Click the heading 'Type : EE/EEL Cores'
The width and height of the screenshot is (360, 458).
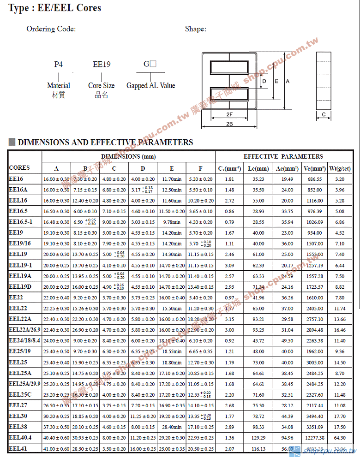point(55,8)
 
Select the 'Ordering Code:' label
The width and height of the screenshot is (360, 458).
point(51,29)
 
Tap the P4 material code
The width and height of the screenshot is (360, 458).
point(58,65)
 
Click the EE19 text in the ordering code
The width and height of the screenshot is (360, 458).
point(102,65)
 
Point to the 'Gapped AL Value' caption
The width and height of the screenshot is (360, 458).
point(151,85)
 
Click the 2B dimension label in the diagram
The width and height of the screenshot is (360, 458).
point(229,124)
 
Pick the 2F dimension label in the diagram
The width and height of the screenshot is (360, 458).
point(229,113)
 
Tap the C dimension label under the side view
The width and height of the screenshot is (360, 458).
point(324,114)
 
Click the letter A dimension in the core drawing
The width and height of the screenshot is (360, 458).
point(287,81)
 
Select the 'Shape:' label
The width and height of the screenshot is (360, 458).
point(196,29)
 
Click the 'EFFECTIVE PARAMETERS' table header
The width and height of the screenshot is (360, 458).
point(283,156)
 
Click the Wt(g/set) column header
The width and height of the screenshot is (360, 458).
point(340,168)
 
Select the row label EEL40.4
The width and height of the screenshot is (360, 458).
point(20,437)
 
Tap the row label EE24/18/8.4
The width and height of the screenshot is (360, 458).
point(25,340)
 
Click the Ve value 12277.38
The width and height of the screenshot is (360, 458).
point(315,438)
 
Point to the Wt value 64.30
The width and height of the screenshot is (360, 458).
point(340,438)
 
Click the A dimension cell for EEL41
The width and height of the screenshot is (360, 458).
point(56,449)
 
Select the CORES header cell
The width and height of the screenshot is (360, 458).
point(19,167)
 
